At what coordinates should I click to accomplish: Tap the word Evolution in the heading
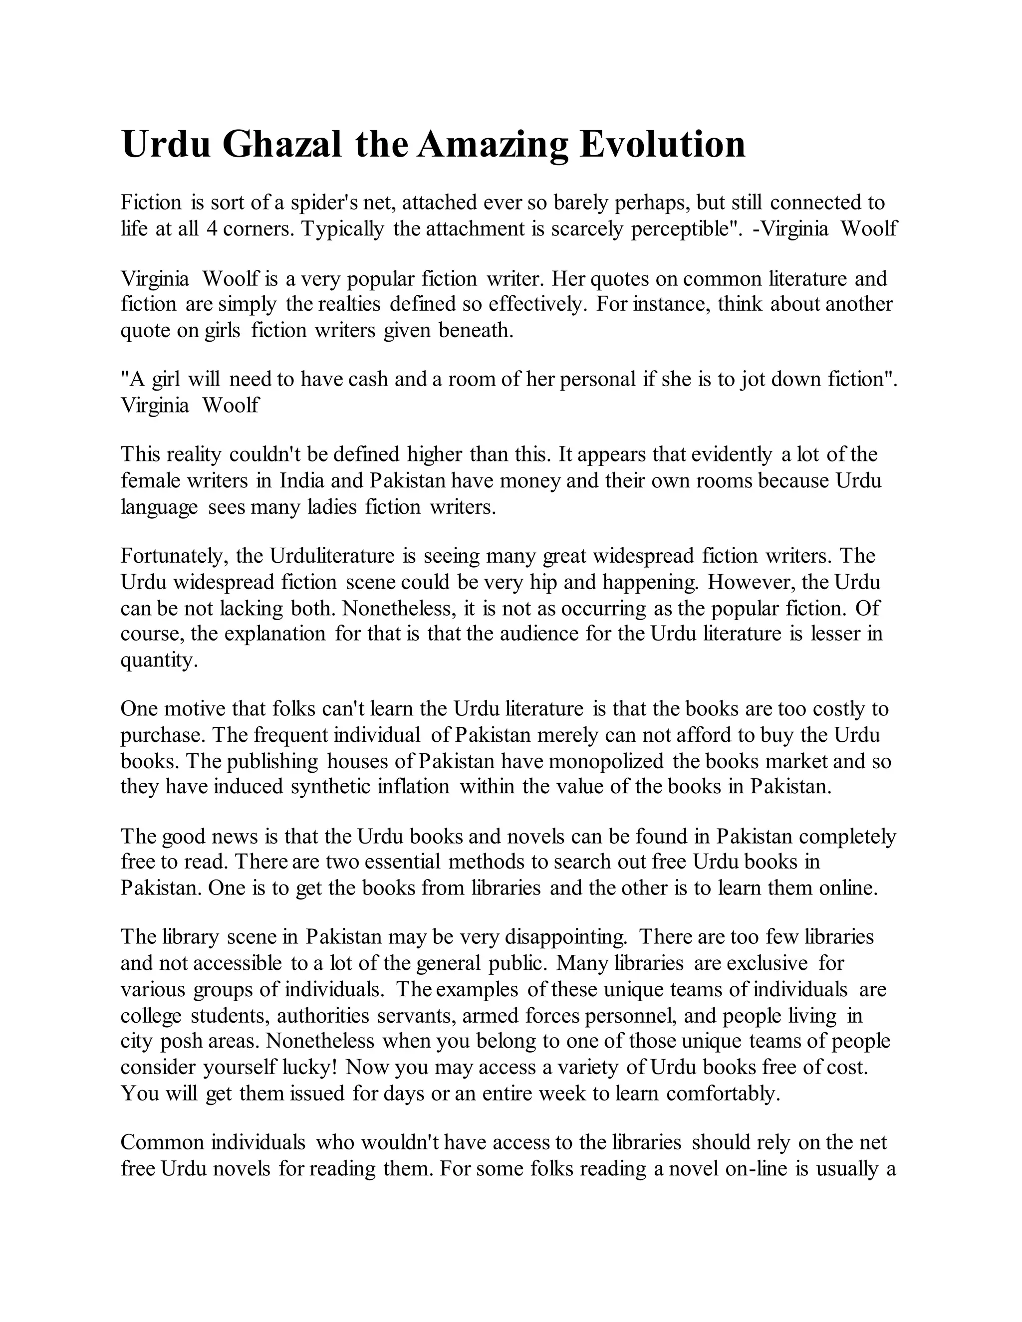[x=662, y=145]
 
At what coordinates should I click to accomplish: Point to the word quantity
[x=159, y=660]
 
